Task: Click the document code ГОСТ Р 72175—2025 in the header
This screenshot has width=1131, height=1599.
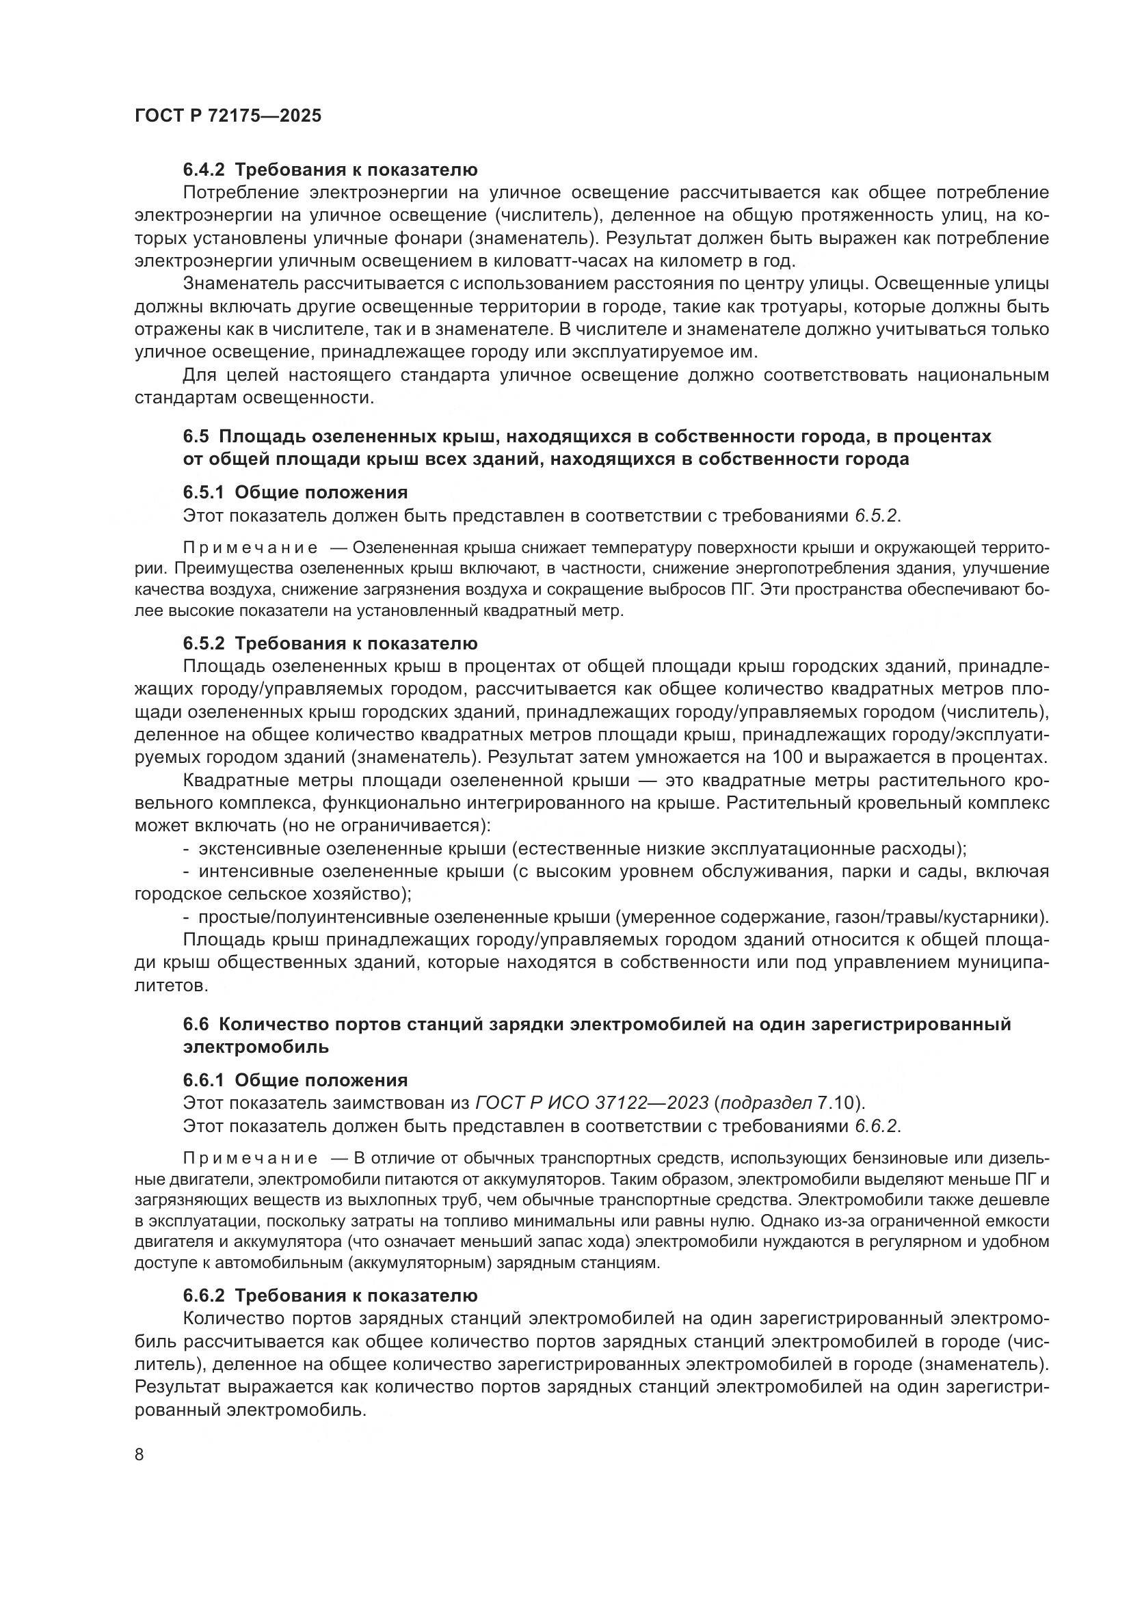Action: click(228, 116)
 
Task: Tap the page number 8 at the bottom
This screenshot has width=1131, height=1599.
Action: click(139, 1454)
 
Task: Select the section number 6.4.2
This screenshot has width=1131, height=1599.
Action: click(203, 170)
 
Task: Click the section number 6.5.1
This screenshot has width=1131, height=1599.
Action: click(203, 492)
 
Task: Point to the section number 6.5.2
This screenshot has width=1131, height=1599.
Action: click(203, 643)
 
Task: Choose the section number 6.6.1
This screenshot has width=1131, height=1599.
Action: click(203, 1080)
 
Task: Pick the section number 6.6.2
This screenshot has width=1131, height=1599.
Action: click(203, 1295)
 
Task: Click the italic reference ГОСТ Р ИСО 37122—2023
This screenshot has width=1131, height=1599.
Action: click(591, 1103)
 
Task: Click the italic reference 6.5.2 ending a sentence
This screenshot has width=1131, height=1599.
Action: click(876, 515)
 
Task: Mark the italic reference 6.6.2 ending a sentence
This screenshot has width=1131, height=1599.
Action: click(876, 1126)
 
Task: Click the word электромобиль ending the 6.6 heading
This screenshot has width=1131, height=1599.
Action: click(256, 1047)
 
